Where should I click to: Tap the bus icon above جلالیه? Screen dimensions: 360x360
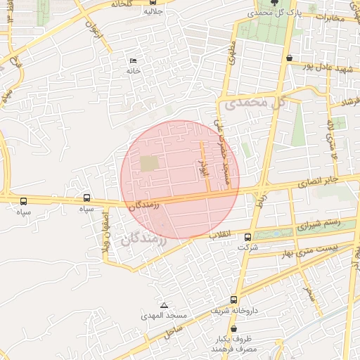tap(153, 2)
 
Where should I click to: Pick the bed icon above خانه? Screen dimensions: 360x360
tap(134, 61)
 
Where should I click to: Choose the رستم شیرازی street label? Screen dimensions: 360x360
tap(318, 225)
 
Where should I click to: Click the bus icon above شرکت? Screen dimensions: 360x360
tap(247, 237)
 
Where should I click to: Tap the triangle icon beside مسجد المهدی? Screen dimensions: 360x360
tap(164, 305)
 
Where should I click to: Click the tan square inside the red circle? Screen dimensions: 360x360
tap(149, 163)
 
